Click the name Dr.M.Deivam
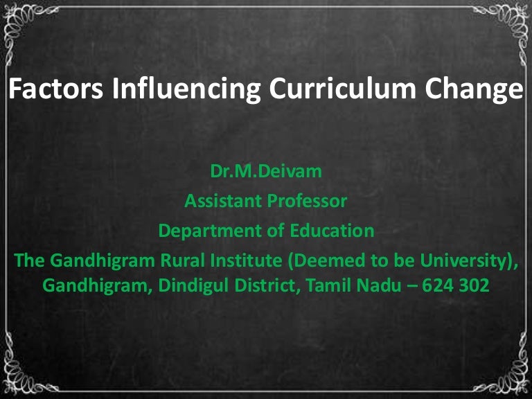(x=266, y=171)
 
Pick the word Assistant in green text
(x=219, y=202)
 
